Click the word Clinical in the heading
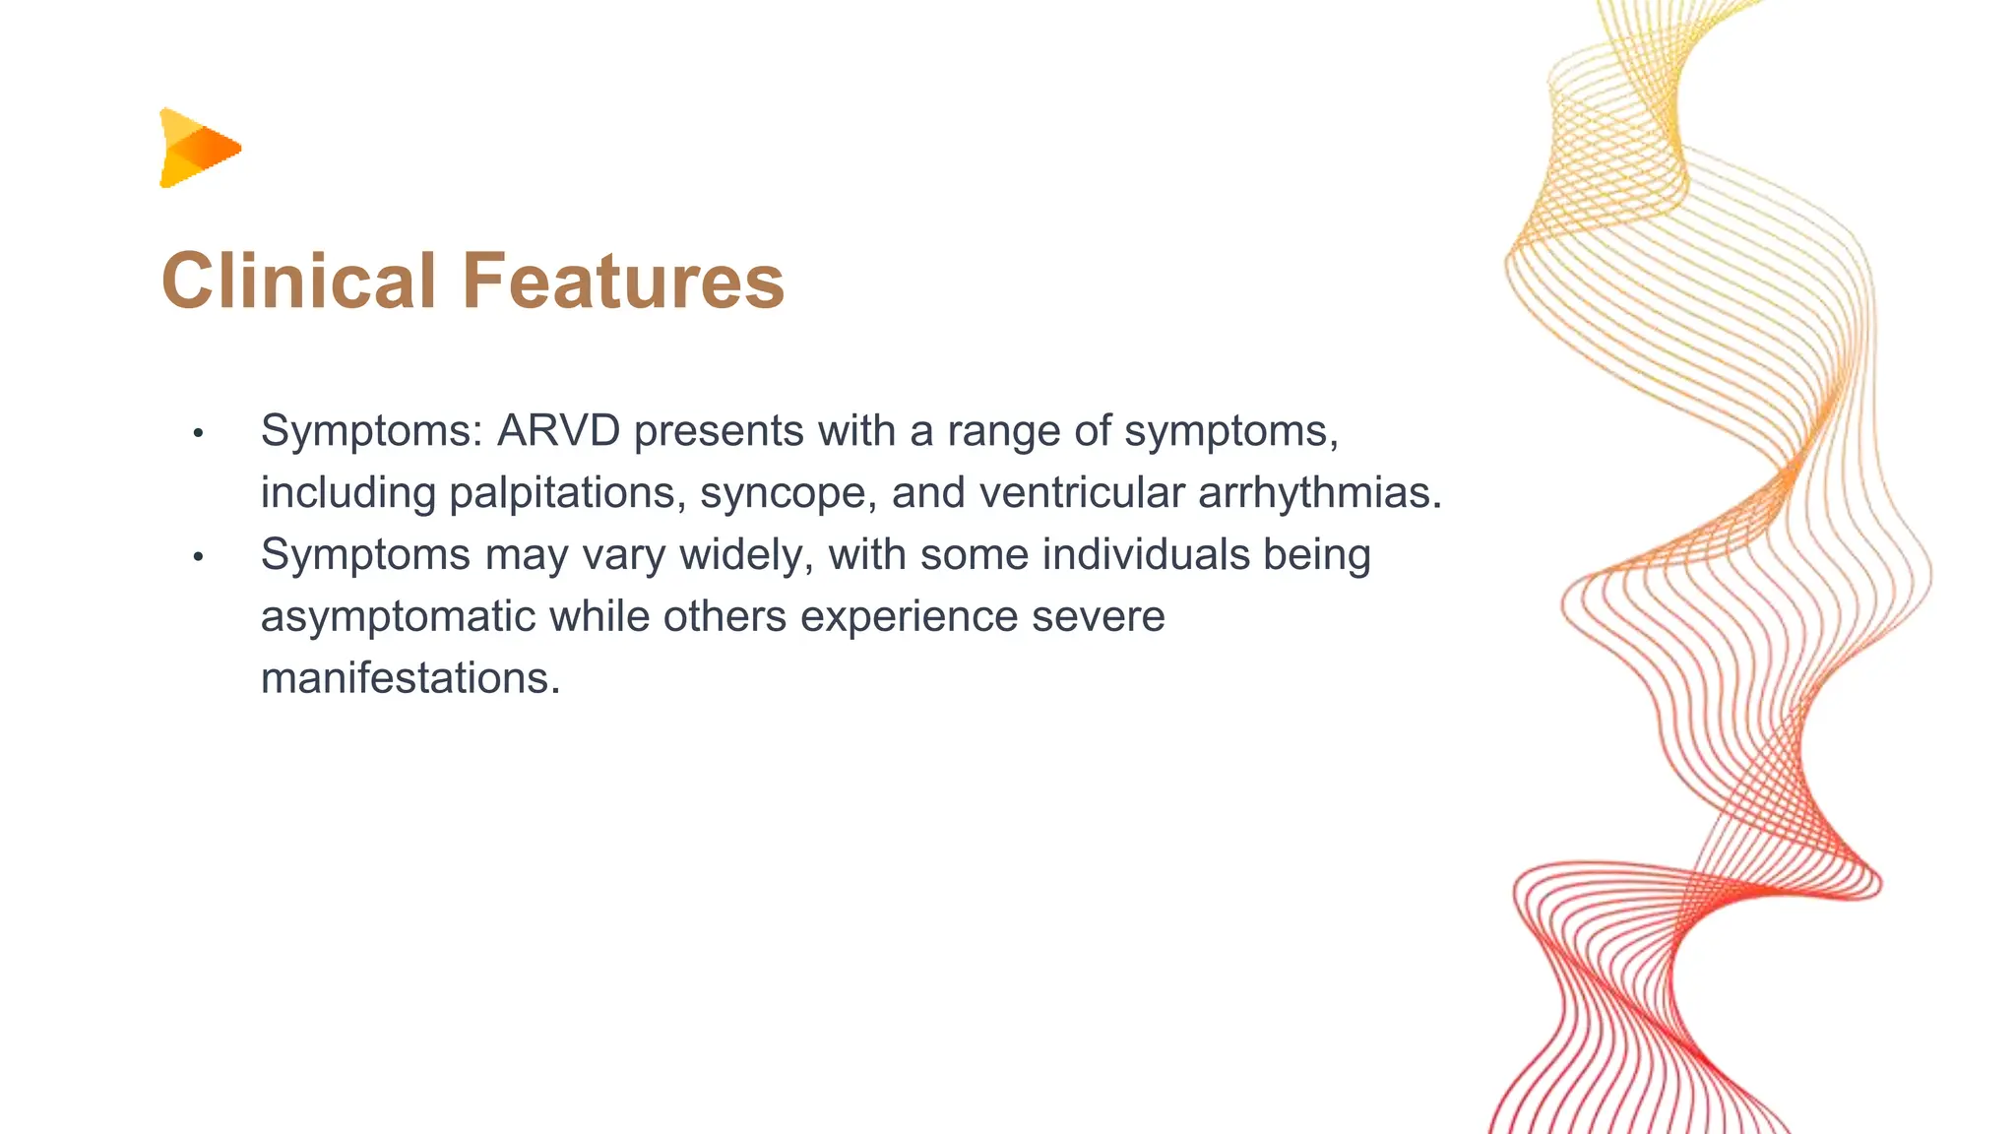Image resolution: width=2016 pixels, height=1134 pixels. (299, 281)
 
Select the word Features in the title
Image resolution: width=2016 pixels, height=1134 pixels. (623, 281)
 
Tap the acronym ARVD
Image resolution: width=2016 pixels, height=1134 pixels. (558, 430)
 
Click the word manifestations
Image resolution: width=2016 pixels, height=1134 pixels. (410, 678)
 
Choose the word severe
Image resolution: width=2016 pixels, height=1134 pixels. (1099, 617)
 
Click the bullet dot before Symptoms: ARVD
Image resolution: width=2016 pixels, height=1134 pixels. (198, 432)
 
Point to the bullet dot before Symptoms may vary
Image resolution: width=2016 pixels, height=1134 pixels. (198, 556)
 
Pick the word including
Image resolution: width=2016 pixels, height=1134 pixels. (348, 494)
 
